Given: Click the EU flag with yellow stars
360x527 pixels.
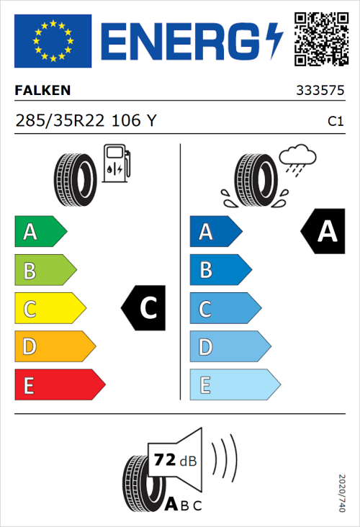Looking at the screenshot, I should coord(53,40).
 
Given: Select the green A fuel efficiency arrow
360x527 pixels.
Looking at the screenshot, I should coord(40,232).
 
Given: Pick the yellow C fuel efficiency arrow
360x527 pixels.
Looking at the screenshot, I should coord(50,309).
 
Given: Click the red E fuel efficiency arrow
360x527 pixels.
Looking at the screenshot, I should coord(59,385).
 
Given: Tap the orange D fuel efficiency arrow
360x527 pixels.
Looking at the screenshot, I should coord(55,347).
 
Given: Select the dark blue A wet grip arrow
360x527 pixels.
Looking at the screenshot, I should coord(215,232).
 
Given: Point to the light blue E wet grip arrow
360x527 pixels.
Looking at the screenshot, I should coord(234,385).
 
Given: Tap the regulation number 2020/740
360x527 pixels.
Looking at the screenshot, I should coord(341,493).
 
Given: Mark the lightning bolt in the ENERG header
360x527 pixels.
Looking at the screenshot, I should coord(274,40).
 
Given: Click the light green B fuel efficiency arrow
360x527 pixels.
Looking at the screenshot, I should coord(45,271).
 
